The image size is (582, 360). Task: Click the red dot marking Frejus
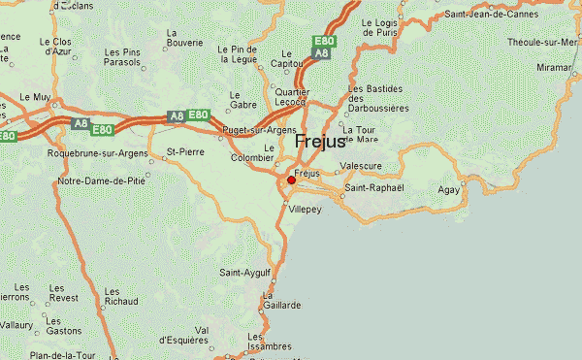tap(291, 180)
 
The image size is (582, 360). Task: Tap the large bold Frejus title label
tap(319, 141)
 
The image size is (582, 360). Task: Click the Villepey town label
tap(305, 208)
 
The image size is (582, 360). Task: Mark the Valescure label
tap(360, 166)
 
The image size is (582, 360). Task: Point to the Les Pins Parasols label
tap(122, 57)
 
